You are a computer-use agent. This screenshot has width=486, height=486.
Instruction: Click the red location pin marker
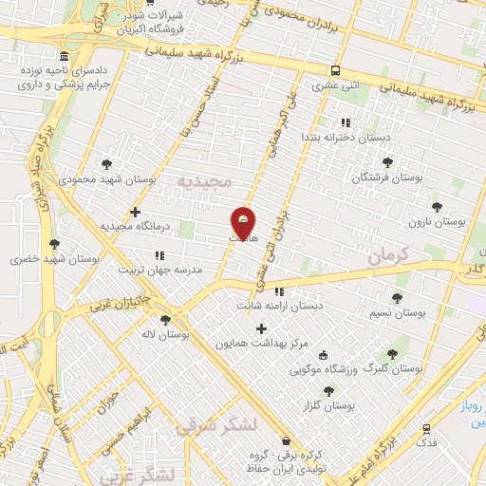[x=244, y=223]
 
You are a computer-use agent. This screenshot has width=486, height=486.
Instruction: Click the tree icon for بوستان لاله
[x=166, y=321]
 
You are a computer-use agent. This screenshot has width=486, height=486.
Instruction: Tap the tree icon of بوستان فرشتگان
[x=386, y=162]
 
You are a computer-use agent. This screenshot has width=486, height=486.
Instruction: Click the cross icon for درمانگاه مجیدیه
[x=136, y=212]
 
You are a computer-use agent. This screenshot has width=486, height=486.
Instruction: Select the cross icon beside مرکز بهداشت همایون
[x=262, y=328]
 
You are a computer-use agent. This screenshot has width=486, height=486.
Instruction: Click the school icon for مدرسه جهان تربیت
[x=159, y=255]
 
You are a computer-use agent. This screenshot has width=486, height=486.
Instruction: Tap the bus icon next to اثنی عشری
[x=335, y=70]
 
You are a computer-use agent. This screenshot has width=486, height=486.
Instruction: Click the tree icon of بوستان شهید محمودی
[x=105, y=163]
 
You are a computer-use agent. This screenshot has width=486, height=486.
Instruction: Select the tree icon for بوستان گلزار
[x=328, y=390]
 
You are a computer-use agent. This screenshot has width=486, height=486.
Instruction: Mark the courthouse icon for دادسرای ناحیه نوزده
[x=63, y=56]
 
